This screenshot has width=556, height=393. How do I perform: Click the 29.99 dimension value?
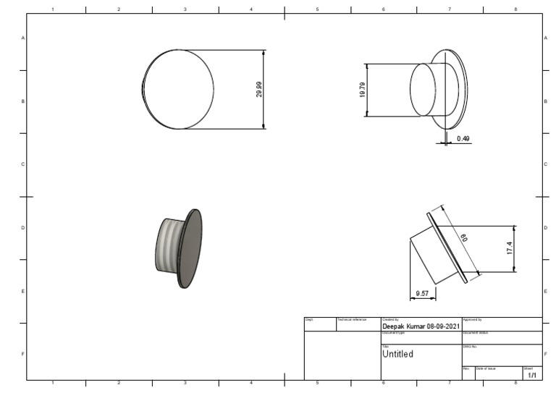tap(259, 89)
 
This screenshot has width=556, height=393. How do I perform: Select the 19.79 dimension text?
tap(362, 90)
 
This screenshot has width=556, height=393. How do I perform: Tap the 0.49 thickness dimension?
tap(463, 138)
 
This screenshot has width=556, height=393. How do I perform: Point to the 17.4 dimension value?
tap(510, 248)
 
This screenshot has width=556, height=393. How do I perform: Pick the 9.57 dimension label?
tap(422, 294)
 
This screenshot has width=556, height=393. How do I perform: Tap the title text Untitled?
tap(397, 354)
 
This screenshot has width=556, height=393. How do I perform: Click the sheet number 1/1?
tap(532, 376)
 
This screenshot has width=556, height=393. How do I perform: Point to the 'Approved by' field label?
tap(472, 319)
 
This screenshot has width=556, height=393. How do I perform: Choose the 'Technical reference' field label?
tap(353, 319)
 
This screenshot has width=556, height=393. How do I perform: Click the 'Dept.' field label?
tap(308, 319)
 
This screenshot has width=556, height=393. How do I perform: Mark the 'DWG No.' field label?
tap(470, 346)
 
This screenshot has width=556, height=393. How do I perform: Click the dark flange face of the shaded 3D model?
tap(191, 248)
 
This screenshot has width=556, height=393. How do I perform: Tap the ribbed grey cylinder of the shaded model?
tap(168, 245)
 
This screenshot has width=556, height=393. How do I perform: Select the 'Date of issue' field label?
tap(486, 368)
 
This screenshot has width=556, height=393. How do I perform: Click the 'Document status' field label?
tap(475, 332)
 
